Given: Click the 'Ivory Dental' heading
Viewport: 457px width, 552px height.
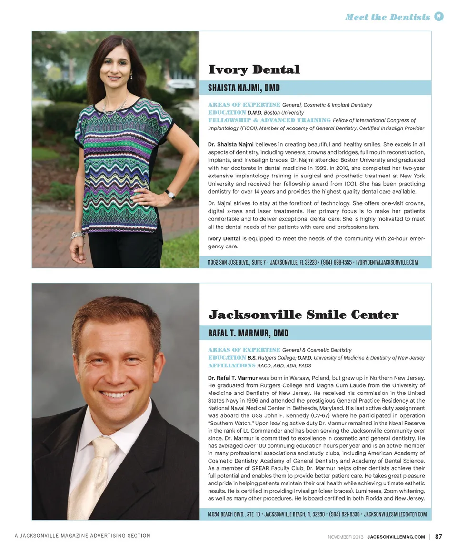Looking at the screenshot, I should click(254, 70).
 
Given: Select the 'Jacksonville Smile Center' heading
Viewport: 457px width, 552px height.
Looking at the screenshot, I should click(303, 315).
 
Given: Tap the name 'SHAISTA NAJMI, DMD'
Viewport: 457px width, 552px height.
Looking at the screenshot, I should click(244, 88).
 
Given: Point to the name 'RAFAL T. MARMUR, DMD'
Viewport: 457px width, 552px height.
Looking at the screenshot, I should click(248, 333).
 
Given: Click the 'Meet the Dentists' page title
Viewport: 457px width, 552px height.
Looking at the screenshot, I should click(387, 17).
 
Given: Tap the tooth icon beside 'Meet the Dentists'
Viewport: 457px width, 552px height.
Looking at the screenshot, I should click(439, 17).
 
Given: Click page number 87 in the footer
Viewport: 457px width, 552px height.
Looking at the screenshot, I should click(438, 537).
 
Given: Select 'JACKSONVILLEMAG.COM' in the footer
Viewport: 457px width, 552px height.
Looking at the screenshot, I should click(396, 537).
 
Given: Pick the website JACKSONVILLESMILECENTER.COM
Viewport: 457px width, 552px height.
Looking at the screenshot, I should click(396, 514).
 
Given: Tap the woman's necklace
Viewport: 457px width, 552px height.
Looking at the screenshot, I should click(115, 106).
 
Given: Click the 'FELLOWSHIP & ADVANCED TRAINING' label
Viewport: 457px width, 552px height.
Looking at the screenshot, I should click(269, 120).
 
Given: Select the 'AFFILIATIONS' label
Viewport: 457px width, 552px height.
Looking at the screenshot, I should click(231, 365).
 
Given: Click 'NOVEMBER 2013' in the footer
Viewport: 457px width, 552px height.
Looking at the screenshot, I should click(346, 537).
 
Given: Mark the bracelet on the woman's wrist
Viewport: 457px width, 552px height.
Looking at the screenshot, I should click(77, 235).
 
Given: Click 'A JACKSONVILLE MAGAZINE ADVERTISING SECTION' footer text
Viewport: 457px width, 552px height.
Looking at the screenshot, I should click(82, 536).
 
